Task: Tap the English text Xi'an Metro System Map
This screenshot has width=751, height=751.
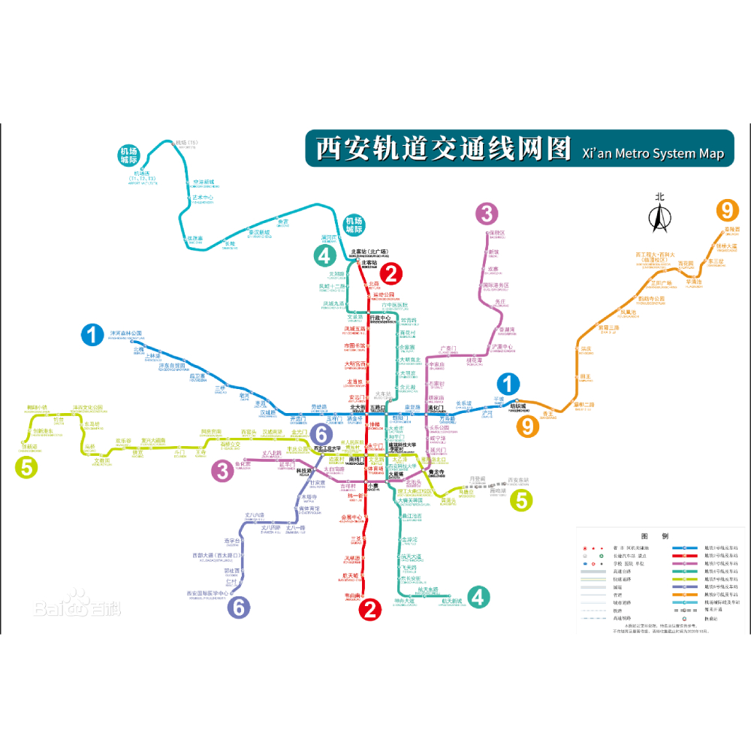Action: [x=653, y=153]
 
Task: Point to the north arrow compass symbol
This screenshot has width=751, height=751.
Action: [x=659, y=213]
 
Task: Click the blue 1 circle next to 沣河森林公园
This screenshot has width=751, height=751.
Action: [x=92, y=334]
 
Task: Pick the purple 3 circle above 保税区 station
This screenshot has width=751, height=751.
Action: [x=487, y=214]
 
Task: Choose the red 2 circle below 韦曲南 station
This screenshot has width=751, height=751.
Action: [x=369, y=610]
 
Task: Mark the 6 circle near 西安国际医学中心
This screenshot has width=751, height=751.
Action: [x=238, y=607]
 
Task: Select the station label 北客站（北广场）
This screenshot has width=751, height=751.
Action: [x=368, y=252]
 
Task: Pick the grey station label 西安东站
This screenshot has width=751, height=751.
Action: [x=518, y=480]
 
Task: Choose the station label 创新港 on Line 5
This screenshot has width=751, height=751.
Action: [x=29, y=447]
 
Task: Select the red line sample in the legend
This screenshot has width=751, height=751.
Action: [x=685, y=560]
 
